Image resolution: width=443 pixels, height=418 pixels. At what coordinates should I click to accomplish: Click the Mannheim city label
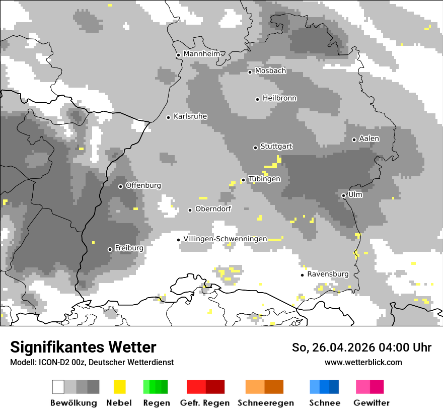point(201,54)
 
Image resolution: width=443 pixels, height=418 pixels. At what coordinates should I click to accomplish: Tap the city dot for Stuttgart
point(255,148)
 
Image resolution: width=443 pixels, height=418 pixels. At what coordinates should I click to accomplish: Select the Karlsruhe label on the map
point(190,116)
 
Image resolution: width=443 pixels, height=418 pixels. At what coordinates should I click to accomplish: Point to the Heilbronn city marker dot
point(257,99)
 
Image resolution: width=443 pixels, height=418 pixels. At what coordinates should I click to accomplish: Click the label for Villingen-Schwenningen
point(225,239)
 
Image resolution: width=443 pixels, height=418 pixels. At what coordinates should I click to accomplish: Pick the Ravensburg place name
point(328,274)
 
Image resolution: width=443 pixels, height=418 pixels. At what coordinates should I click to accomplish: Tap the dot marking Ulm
point(343,195)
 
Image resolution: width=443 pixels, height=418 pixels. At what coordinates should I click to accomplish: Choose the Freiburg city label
point(129,248)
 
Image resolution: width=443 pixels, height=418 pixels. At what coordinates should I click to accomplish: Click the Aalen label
point(369,138)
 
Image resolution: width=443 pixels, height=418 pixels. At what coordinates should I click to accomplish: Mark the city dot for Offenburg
point(120,186)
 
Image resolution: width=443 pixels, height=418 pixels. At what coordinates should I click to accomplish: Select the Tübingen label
point(264,179)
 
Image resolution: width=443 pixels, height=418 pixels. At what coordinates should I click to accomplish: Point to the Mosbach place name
point(270,71)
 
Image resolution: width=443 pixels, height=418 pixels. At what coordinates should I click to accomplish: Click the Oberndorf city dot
point(190,210)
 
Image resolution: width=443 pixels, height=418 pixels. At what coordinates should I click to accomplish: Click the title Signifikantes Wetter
point(83,347)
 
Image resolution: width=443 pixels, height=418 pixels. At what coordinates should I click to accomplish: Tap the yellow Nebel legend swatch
point(119,387)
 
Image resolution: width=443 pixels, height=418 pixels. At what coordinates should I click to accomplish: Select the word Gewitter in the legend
point(372,403)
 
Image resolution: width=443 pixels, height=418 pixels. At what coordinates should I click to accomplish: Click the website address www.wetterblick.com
point(363,362)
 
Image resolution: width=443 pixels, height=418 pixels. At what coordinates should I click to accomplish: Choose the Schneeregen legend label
point(266,403)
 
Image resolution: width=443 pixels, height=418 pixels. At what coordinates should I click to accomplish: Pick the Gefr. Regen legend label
point(205,403)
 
